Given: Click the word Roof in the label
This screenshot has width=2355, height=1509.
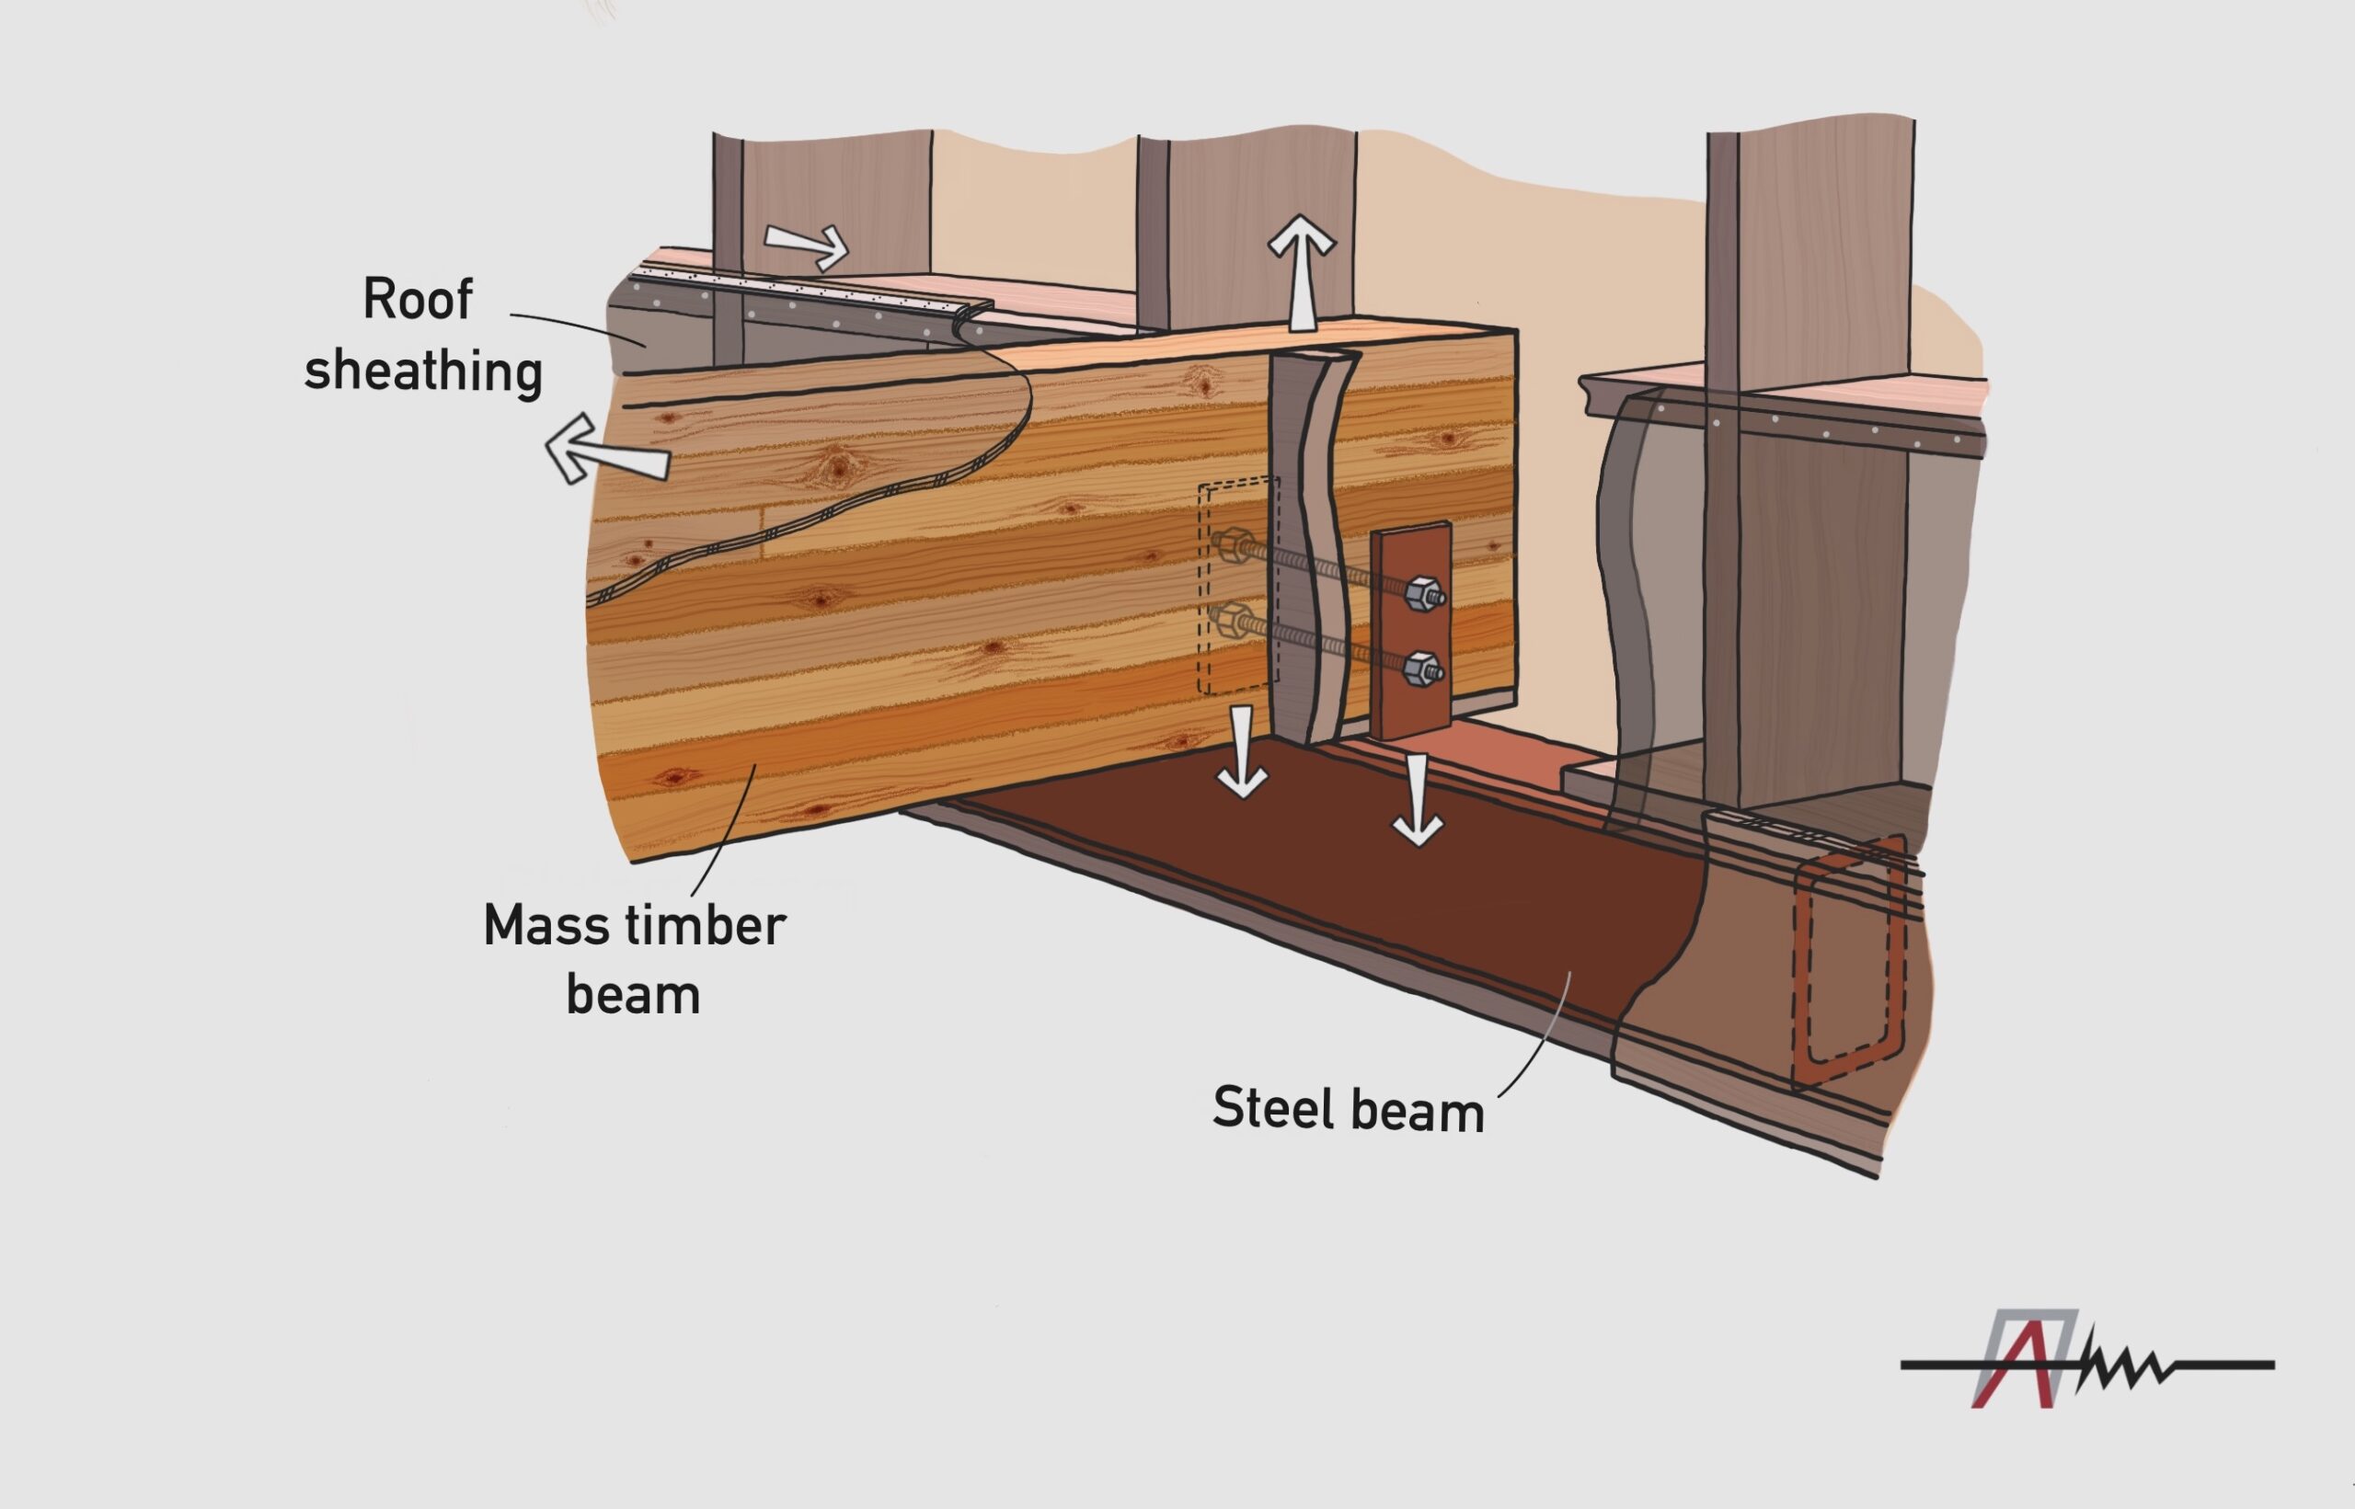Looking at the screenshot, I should (418, 299).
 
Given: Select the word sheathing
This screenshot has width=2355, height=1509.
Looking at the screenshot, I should (422, 372).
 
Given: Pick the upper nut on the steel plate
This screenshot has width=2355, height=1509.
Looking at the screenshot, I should (1422, 593).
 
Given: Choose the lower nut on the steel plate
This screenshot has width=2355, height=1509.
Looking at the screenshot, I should (1422, 670).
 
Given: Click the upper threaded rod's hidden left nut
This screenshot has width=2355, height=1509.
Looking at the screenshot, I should (1233, 544).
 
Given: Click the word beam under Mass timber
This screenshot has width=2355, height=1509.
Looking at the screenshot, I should (633, 996).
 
